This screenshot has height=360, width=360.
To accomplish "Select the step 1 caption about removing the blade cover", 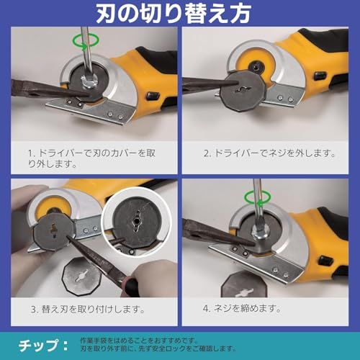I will click(x=93, y=158).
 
